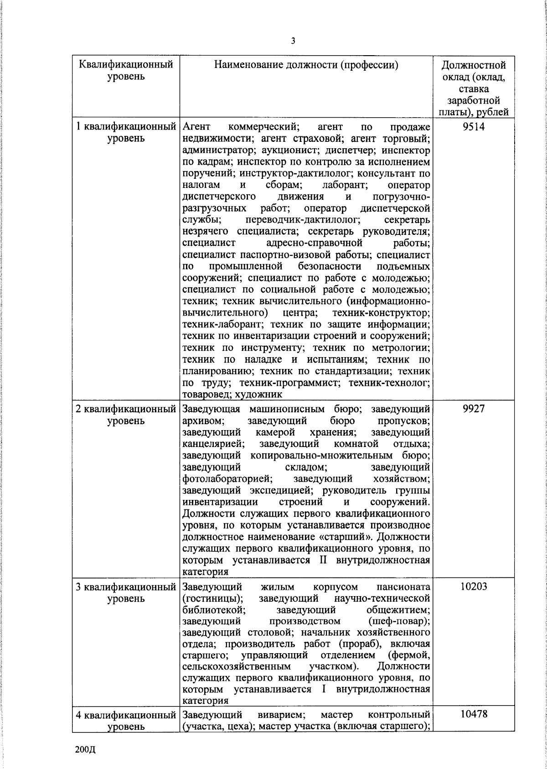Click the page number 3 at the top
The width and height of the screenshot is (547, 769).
click(x=293, y=41)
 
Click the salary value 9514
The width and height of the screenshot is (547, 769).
click(x=474, y=126)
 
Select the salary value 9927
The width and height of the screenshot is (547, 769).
click(x=474, y=409)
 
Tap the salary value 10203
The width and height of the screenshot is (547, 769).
click(x=474, y=586)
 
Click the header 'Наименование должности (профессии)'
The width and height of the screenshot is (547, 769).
click(x=306, y=65)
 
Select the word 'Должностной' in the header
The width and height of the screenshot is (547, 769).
click(x=474, y=65)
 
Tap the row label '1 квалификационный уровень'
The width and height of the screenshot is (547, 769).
click(x=126, y=132)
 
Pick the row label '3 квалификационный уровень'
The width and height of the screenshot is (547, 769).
click(x=126, y=592)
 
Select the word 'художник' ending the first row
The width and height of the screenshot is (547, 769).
click(x=246, y=394)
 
